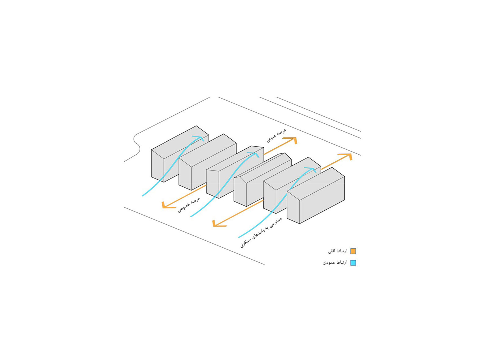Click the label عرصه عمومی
(x=277, y=135)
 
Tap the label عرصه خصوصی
(x=189, y=205)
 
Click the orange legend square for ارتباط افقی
(x=353, y=251)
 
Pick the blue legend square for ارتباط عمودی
(x=353, y=263)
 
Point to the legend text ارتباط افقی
(x=338, y=251)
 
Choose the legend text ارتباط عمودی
(x=335, y=263)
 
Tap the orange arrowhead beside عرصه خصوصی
(x=165, y=205)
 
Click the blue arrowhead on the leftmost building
(x=201, y=138)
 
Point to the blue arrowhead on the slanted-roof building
(x=255, y=153)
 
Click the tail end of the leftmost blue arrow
(x=143, y=196)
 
